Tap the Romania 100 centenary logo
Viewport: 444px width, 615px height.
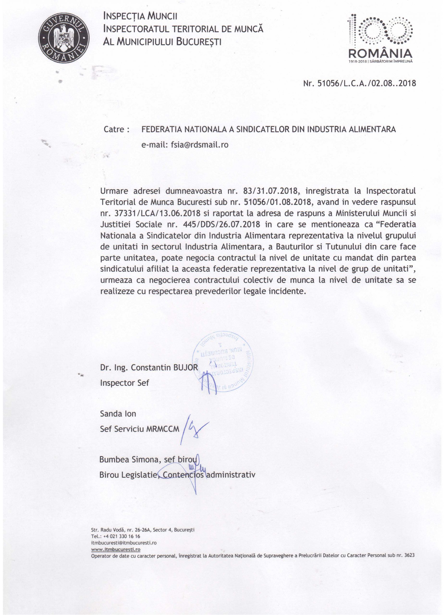coord(381,40)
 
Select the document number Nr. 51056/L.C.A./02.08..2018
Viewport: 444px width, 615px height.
coord(359,83)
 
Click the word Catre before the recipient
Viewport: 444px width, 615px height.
coord(114,129)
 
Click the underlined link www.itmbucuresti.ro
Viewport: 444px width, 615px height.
coord(116,549)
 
